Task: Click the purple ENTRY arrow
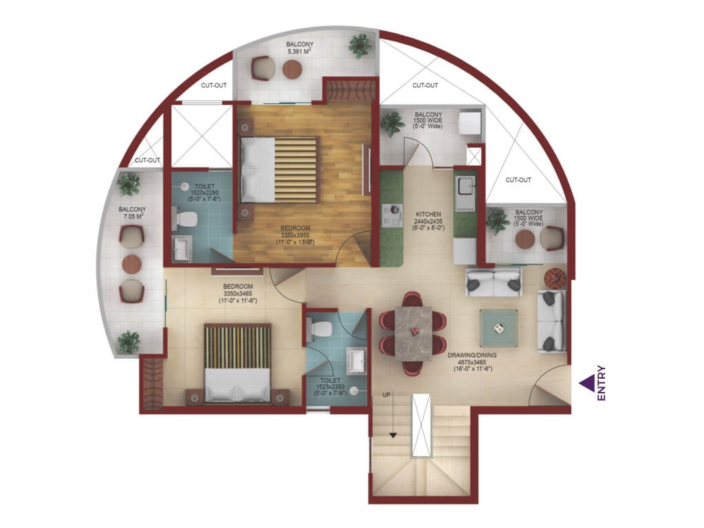586,383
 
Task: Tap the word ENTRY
602,383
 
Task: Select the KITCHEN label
428,214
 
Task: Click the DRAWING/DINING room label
472,355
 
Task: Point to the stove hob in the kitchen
391,215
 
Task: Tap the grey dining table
413,333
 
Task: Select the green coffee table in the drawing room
498,328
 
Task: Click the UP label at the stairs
386,395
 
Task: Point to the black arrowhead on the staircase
393,435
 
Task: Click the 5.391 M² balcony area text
300,51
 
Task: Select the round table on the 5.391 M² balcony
291,69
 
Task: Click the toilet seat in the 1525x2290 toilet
185,219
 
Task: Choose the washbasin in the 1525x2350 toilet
357,362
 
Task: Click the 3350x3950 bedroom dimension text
295,235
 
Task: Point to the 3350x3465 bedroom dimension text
237,294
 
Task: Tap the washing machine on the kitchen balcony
470,122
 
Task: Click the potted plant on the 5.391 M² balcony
360,45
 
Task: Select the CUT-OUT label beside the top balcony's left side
214,85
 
